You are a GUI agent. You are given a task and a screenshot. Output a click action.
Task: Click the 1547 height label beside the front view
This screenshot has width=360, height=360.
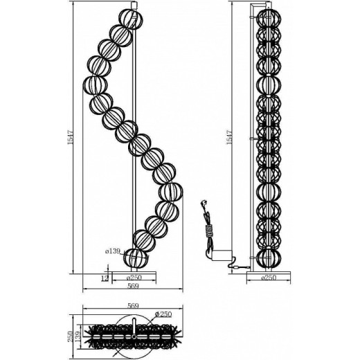point(70,138)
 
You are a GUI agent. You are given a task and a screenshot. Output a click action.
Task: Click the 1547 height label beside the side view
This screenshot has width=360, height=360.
point(229,138)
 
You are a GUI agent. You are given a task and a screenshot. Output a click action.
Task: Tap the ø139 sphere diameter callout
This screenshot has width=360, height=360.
point(113,251)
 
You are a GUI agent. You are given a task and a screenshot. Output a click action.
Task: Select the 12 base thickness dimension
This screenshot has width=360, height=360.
point(105,278)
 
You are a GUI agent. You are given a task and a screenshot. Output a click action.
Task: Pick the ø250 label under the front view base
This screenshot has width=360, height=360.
point(134,277)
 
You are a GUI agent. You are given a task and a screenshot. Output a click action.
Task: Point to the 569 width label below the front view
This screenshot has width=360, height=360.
point(133,286)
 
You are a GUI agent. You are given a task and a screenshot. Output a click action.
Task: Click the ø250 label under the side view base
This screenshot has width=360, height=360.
point(269,277)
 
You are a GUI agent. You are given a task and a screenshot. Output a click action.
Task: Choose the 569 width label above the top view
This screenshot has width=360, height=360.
point(133,306)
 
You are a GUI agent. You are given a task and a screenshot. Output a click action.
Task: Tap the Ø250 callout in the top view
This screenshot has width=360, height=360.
point(163,314)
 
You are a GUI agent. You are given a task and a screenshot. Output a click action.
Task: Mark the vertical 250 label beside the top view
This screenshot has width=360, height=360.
point(71,336)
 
